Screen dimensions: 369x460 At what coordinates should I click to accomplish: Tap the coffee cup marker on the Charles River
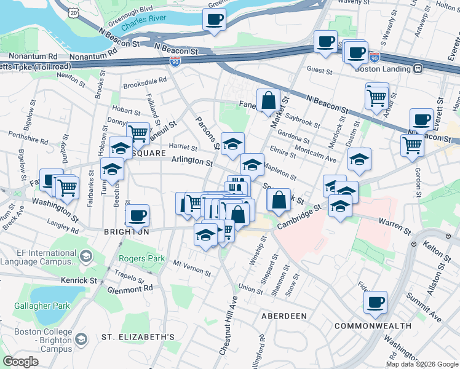coord(214,20)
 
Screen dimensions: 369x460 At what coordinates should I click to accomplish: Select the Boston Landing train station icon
coord(418,68)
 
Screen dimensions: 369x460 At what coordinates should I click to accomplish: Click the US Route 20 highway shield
coord(74,12)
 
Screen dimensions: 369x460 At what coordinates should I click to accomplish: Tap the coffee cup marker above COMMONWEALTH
coord(375,303)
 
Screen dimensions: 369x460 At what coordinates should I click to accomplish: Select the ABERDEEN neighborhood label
coord(284,315)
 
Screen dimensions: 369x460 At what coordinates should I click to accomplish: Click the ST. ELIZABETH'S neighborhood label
coord(138,337)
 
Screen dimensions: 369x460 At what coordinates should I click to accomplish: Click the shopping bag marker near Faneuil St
coord(269,100)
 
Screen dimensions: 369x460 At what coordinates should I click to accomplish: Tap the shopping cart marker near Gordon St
coord(411,146)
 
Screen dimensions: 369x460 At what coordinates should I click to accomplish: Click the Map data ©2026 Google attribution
coord(422,364)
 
